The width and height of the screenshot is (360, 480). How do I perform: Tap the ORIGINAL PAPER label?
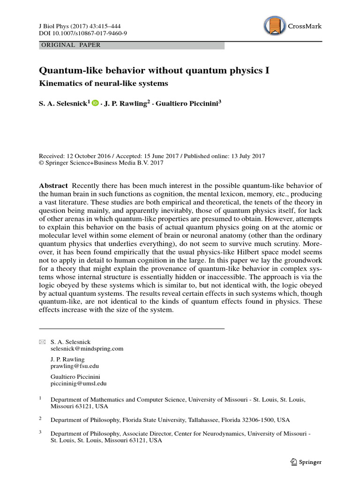(x=71, y=45)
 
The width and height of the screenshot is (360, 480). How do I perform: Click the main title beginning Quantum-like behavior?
(x=154, y=71)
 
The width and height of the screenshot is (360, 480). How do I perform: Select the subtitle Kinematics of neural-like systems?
(x=103, y=84)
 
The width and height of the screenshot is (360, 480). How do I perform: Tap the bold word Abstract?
(x=53, y=186)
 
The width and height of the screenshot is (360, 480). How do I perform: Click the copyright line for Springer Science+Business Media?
(x=101, y=163)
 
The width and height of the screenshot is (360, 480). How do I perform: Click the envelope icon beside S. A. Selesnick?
(x=43, y=341)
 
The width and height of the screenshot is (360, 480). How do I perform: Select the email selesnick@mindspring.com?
(x=87, y=349)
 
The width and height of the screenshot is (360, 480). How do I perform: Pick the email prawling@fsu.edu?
(x=75, y=366)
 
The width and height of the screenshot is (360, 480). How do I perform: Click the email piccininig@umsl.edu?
(x=78, y=383)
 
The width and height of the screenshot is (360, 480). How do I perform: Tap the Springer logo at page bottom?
(x=306, y=462)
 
